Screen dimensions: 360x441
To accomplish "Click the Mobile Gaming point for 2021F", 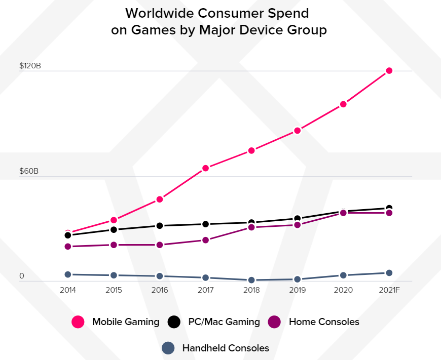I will pyautogui.click(x=389, y=71).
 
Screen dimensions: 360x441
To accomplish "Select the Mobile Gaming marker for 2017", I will pyautogui.click(x=206, y=168).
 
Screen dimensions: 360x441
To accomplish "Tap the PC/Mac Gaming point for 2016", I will pyautogui.click(x=160, y=226).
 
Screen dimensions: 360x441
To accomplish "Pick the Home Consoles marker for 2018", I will pyautogui.click(x=251, y=227).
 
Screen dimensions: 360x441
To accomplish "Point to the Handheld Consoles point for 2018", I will pyautogui.click(x=251, y=280).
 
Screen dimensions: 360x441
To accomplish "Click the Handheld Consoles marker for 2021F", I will pyautogui.click(x=389, y=273).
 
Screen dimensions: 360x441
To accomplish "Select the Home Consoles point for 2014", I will pyautogui.click(x=68, y=247).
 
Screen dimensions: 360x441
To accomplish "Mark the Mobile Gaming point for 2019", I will pyautogui.click(x=298, y=131).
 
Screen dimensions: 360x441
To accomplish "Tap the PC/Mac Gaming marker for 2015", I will pyautogui.click(x=114, y=230).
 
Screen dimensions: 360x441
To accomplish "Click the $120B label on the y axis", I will pyautogui.click(x=30, y=66).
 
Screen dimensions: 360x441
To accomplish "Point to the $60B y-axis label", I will pyautogui.click(x=29, y=171).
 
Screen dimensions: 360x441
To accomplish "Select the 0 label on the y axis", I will pyautogui.click(x=22, y=276).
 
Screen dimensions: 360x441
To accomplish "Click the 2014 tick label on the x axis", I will pyautogui.click(x=68, y=291).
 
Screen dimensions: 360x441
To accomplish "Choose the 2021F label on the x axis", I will pyautogui.click(x=389, y=291).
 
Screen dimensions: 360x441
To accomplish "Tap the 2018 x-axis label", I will pyautogui.click(x=251, y=291).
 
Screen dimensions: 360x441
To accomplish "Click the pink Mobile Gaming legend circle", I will pyautogui.click(x=78, y=322).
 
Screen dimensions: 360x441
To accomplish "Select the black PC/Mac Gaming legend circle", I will pyautogui.click(x=174, y=322).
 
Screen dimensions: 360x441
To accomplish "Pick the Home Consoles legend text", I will pyautogui.click(x=324, y=322).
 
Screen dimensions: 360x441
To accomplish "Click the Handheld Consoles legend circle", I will pyautogui.click(x=168, y=348).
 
